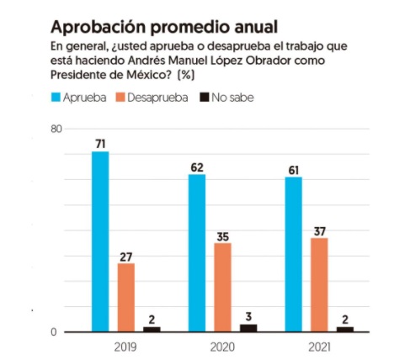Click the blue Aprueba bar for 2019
click(x=100, y=241)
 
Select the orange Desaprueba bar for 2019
click(x=126, y=298)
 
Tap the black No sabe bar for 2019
click(x=152, y=330)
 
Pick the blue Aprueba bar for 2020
click(x=197, y=253)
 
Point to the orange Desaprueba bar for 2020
click(x=223, y=288)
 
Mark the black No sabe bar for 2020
click(x=248, y=328)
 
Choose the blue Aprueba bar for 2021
click(x=294, y=255)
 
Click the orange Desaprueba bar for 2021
click(x=319, y=285)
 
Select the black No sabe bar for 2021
click(x=345, y=330)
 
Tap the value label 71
click(x=100, y=144)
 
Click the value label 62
click(x=197, y=167)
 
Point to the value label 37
click(x=320, y=231)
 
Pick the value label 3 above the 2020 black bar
click(x=248, y=317)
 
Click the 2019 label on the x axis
click(x=125, y=347)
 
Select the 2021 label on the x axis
click(x=319, y=347)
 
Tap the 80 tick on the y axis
click(x=56, y=129)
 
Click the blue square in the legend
click(x=56, y=98)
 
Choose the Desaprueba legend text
click(x=157, y=98)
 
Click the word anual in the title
click(x=256, y=27)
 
